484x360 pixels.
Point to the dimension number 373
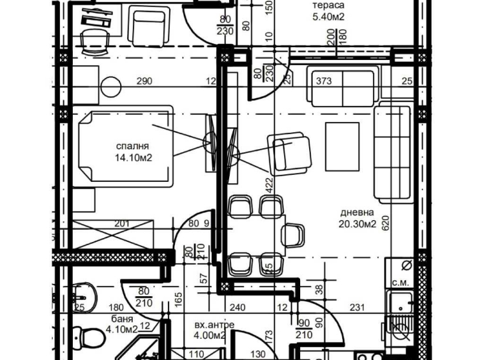coord(324,81)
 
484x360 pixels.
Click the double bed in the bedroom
coord(125,146)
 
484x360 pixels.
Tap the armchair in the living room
coord(291,153)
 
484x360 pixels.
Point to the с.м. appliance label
coord(400,283)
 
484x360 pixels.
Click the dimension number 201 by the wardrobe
coord(122,223)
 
